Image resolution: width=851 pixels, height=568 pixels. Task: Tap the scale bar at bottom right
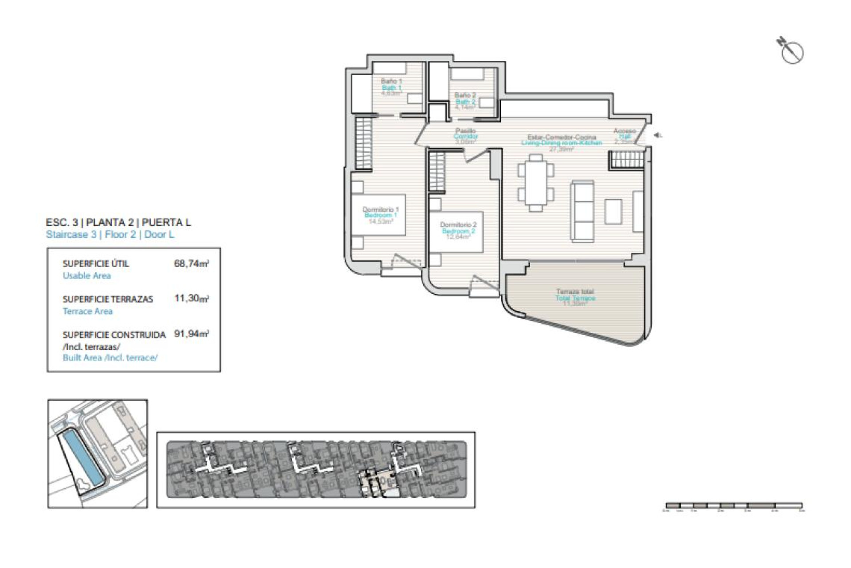[x=734, y=505]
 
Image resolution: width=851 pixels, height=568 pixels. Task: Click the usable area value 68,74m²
[x=191, y=264]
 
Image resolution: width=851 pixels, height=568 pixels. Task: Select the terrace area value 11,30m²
[x=191, y=298]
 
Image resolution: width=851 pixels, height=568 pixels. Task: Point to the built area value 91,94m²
[x=191, y=334]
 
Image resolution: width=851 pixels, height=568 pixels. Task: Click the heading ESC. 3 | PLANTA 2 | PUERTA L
[x=118, y=222]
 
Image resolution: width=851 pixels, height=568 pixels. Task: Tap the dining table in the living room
[x=536, y=182]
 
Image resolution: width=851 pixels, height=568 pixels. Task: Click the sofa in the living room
[x=582, y=211]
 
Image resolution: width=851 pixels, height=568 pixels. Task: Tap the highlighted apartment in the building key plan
[x=379, y=484]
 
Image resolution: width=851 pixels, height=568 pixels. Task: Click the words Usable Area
[x=87, y=276]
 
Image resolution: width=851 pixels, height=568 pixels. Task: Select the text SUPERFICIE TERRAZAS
[x=108, y=299]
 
